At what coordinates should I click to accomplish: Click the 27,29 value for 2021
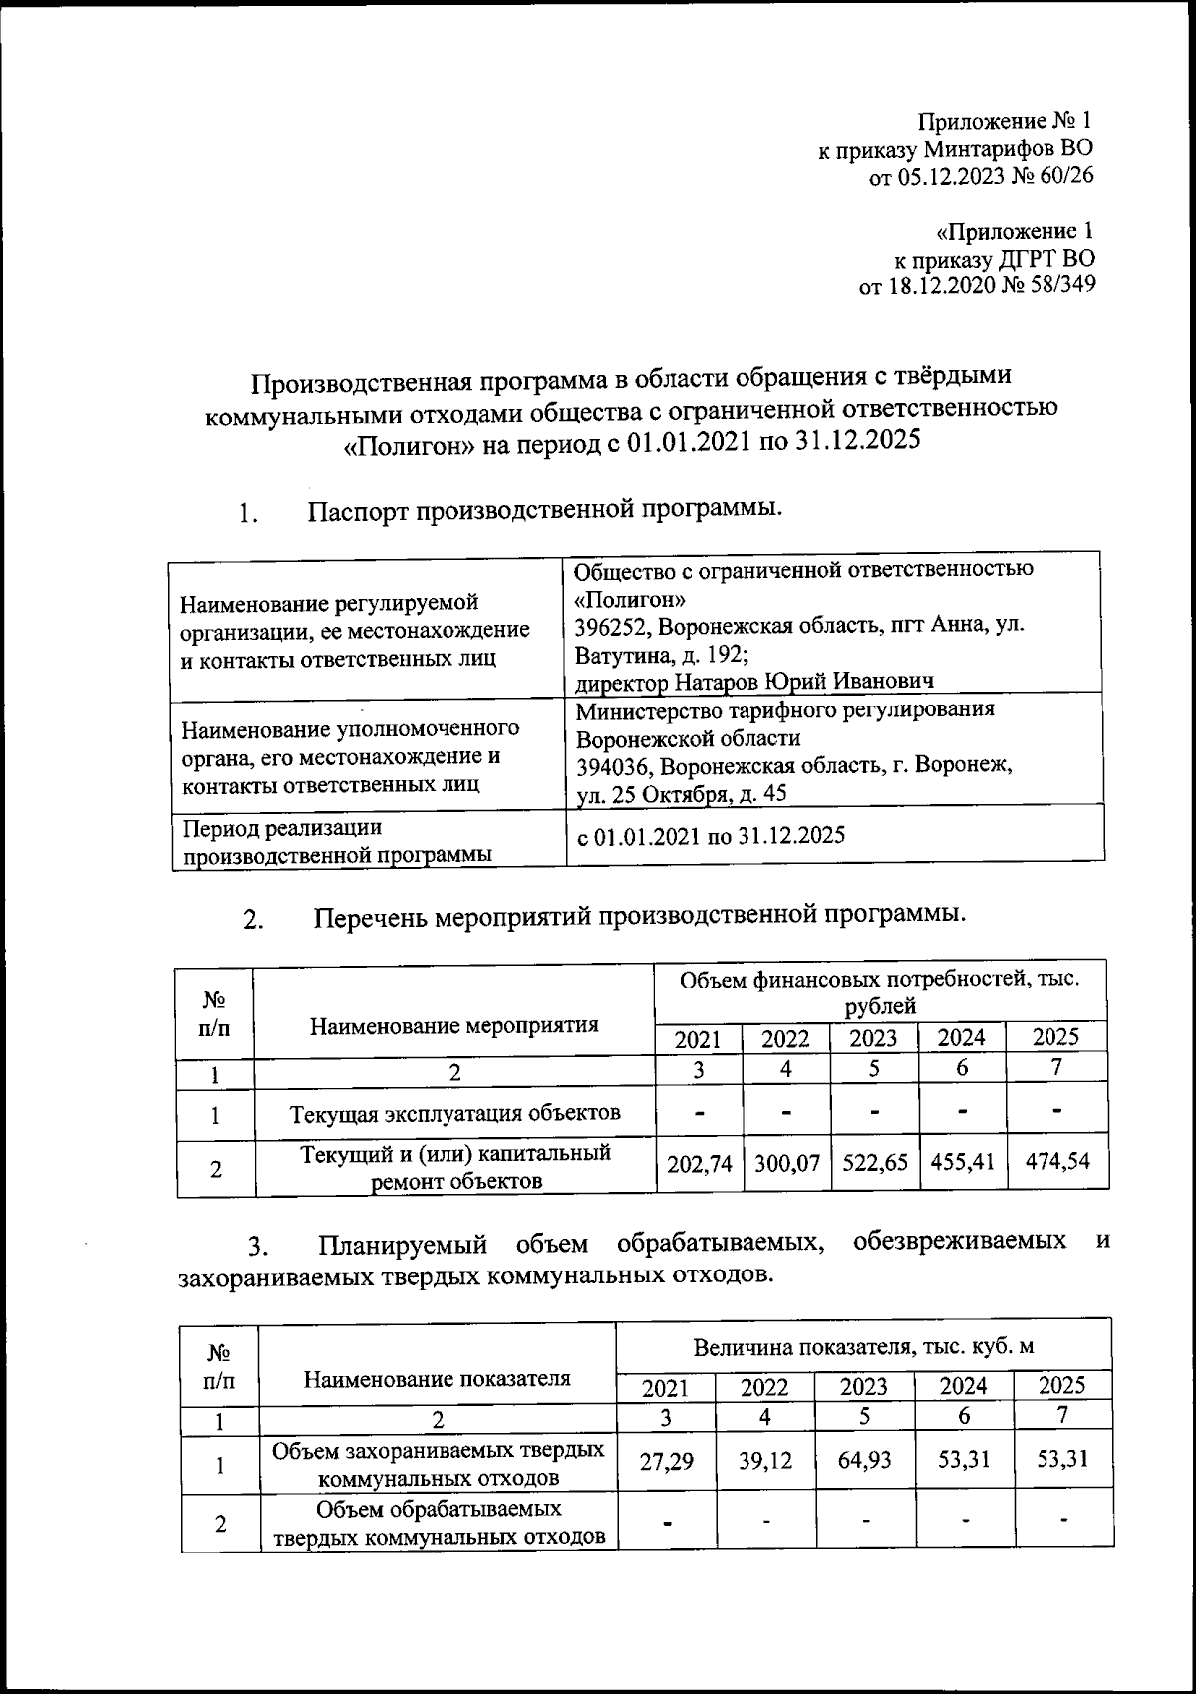(x=667, y=1462)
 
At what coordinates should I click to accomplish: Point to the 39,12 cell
(x=765, y=1461)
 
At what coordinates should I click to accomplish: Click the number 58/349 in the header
(x=1058, y=285)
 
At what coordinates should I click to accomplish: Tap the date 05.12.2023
(x=946, y=177)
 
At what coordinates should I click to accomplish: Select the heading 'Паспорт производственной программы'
(x=543, y=510)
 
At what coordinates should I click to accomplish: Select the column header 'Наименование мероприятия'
(x=454, y=1026)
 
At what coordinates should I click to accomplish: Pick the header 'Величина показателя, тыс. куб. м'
(x=863, y=1347)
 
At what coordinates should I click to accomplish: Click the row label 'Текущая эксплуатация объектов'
(x=454, y=1112)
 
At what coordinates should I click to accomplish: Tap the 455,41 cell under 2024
(x=962, y=1162)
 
